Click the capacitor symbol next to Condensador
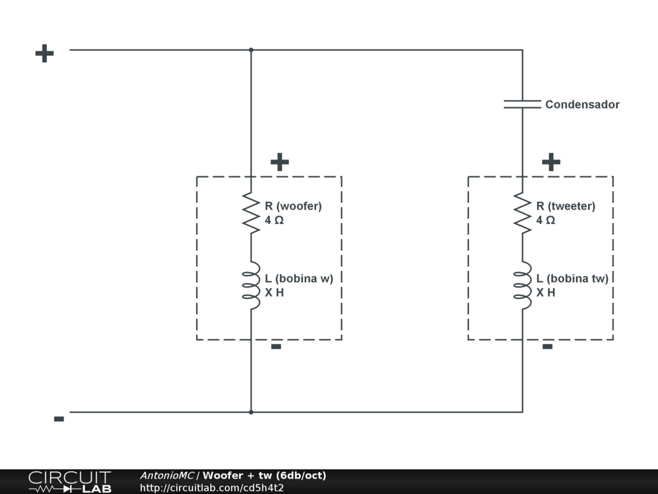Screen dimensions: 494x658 point(522,104)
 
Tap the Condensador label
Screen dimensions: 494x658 point(582,104)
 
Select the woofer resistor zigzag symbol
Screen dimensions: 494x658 point(251,213)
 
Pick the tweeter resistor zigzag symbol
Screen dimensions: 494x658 point(522,213)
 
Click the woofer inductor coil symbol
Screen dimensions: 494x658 point(251,285)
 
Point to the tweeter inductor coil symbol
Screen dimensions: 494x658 point(522,285)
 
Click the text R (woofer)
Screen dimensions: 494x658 point(293,206)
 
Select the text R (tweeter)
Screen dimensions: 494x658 point(565,206)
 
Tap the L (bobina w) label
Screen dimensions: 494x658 point(299,279)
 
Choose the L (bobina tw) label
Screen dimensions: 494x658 point(573,279)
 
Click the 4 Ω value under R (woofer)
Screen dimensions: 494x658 point(274,220)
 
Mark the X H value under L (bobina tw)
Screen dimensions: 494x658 point(546,292)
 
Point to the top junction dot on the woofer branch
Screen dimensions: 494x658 point(251,50)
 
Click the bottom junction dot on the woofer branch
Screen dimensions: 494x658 point(251,412)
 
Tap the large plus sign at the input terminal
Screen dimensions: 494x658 point(44,53)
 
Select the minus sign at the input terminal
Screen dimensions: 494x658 point(58,419)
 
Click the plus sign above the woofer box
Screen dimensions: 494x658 point(280,162)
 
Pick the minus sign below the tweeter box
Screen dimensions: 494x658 point(547,347)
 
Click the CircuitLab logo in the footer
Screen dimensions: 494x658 point(69,481)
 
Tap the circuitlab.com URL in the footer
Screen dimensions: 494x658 point(212,488)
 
